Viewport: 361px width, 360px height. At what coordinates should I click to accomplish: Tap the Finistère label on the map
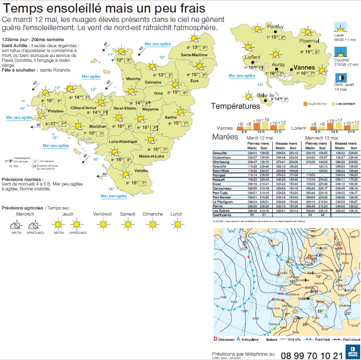[x=56, y=111]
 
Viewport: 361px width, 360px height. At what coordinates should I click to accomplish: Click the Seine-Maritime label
[x=194, y=55]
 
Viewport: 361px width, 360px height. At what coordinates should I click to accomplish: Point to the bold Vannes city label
[x=304, y=68]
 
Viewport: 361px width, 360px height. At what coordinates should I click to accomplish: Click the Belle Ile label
[x=265, y=95]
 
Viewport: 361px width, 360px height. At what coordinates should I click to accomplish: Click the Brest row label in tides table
[x=218, y=184]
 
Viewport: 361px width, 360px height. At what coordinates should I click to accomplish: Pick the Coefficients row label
[x=223, y=215]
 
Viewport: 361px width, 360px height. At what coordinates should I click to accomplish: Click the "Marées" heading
[x=225, y=137]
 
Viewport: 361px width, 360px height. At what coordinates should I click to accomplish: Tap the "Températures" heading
[x=235, y=106]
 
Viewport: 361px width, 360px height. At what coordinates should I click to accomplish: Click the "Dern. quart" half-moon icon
[x=339, y=78]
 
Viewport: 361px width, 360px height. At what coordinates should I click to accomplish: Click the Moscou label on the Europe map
[x=346, y=254]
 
